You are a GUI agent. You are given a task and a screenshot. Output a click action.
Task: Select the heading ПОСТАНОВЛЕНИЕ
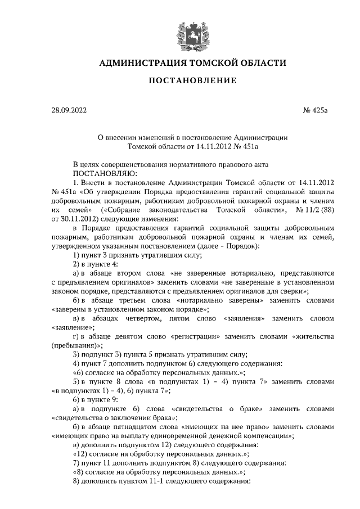pos(192,82)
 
